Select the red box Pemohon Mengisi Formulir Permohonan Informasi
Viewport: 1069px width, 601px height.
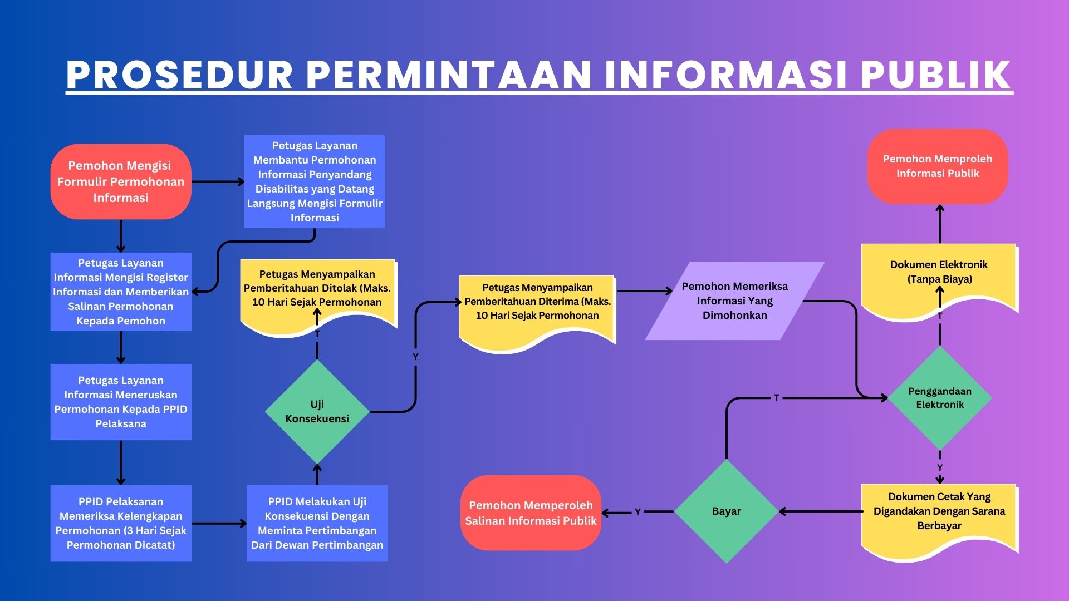coord(121,181)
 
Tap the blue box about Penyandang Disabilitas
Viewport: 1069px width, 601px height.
coord(315,181)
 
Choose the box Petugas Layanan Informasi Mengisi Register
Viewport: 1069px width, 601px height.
coord(121,292)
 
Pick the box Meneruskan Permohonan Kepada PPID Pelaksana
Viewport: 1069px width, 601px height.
coord(121,402)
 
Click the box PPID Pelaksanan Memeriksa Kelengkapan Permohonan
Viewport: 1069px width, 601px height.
coord(121,523)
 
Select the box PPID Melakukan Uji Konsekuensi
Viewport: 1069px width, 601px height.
coord(317,523)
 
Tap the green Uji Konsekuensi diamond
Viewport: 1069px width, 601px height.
coord(317,412)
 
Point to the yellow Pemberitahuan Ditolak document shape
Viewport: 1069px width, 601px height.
coord(317,289)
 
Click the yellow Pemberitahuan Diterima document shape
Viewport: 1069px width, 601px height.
coord(537,303)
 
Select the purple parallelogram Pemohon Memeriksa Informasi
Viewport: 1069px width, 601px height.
coord(734,300)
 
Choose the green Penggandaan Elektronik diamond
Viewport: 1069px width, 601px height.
coord(940,398)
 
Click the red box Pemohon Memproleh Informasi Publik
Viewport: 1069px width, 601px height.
coord(938,166)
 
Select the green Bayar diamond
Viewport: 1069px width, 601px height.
coord(726,511)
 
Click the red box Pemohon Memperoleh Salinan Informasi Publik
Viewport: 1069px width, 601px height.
coord(531,513)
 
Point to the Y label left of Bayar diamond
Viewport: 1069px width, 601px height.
coord(638,512)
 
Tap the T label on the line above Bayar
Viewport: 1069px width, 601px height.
coord(777,398)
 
